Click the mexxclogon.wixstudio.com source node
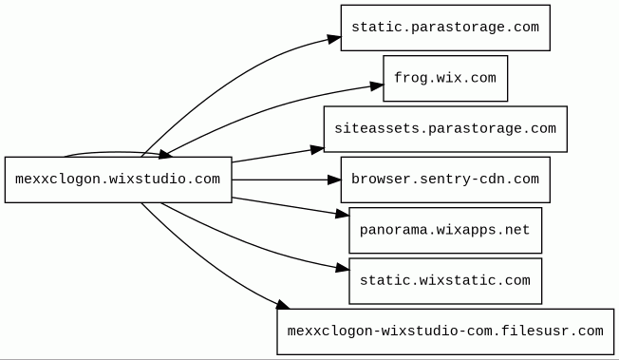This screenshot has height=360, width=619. tap(118, 180)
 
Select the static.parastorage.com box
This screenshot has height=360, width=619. tap(445, 28)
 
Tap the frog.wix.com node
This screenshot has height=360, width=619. tap(445, 78)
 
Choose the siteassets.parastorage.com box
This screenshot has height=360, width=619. tap(445, 129)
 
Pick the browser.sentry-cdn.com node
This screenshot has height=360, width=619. tap(445, 180)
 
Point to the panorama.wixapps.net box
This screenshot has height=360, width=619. tap(445, 231)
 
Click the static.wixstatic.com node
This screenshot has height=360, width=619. tap(445, 281)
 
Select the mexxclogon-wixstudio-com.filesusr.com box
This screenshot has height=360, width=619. tap(445, 332)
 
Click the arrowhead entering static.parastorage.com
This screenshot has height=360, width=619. tap(334, 39)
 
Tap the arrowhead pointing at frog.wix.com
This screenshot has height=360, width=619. tap(377, 86)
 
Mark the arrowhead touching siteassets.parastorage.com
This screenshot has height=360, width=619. tap(317, 150)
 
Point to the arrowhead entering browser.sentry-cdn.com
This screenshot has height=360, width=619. tap(334, 180)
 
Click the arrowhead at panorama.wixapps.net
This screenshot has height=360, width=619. tap(343, 214)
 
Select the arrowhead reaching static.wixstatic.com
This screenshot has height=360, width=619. tap(343, 268)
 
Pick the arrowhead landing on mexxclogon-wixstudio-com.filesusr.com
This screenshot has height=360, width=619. tap(283, 305)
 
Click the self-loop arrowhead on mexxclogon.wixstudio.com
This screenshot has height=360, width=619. tap(165, 155)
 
